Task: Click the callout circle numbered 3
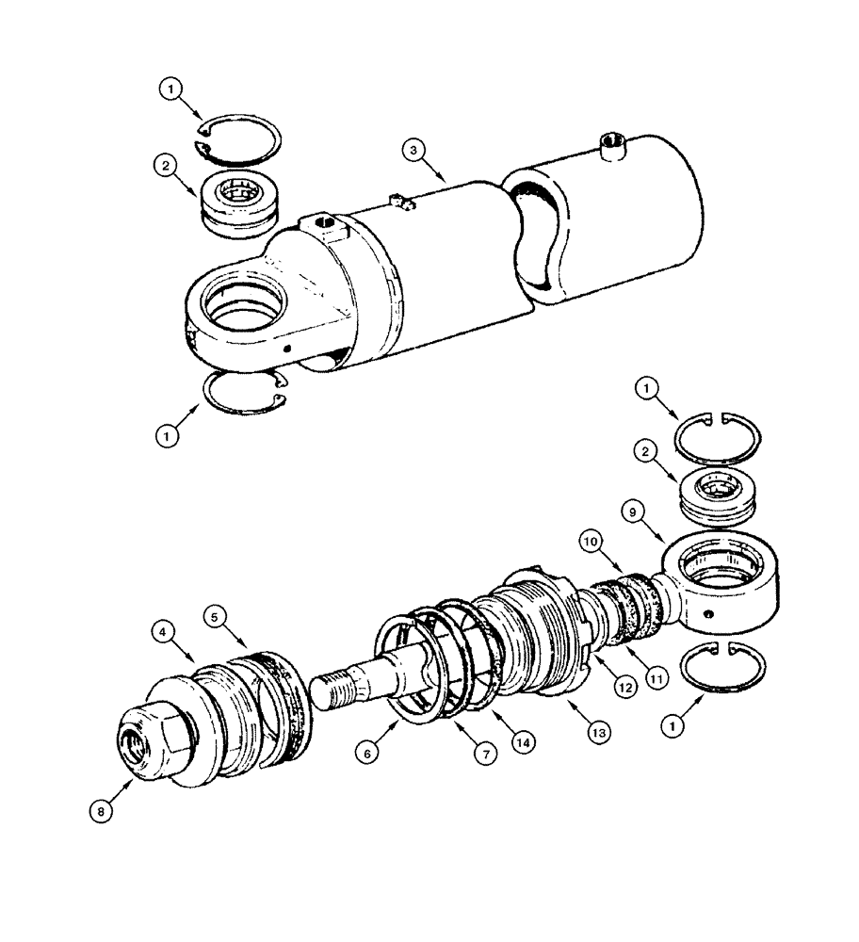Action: (x=411, y=150)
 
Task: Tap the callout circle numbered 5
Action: (x=216, y=617)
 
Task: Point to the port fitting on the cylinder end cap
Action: (x=613, y=145)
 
